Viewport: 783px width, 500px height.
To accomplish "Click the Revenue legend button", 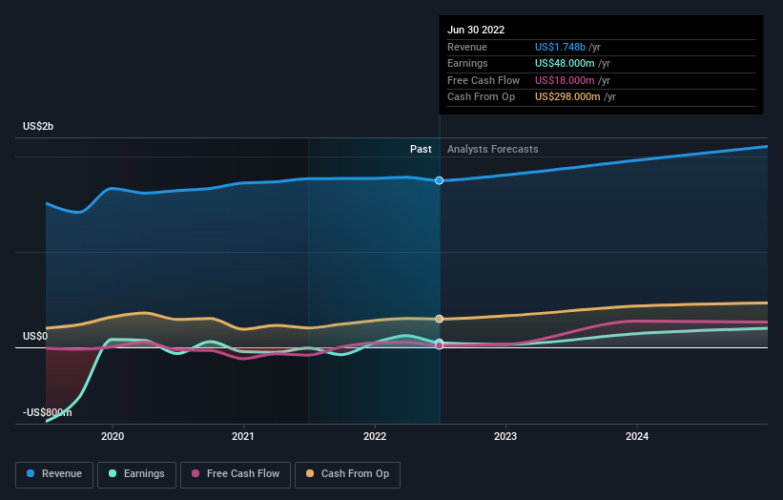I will coord(55,473).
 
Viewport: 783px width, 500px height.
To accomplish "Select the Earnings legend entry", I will coord(137,473).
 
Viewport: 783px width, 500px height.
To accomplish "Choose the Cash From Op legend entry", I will coord(348,473).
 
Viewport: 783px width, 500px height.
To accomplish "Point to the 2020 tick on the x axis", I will coord(113,437).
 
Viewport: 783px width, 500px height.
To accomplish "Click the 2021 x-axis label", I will coord(243,437).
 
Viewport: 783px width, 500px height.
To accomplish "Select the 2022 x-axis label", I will coord(375,437).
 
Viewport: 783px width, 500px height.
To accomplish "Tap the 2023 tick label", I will coord(505,437).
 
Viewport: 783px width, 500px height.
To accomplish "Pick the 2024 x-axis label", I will coord(637,437).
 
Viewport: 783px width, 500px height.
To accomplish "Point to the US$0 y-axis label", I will coord(35,336).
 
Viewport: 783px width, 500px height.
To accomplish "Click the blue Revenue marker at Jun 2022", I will coord(440,180).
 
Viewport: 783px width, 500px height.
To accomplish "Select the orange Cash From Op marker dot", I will coord(440,319).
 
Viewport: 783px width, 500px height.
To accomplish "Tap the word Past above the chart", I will coord(421,149).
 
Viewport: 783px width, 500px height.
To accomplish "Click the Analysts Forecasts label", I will coord(492,149).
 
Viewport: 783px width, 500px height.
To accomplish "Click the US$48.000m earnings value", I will coord(565,64).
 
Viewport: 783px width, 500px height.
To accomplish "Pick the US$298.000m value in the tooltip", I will coord(567,97).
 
